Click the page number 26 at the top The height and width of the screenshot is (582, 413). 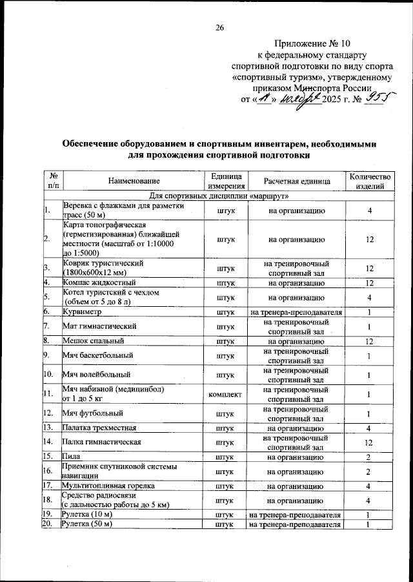219,27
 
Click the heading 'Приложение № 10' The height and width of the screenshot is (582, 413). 312,44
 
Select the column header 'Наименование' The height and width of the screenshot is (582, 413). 134,182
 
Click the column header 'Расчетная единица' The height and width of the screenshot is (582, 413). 296,182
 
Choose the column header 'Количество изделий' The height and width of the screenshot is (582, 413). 369,182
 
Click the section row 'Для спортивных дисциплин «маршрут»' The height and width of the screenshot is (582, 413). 219,196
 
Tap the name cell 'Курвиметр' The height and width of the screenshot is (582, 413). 81,312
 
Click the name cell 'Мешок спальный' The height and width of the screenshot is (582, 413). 90,341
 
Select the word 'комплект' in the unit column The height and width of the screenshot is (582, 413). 225,393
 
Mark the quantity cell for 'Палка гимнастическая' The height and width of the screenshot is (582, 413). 369,442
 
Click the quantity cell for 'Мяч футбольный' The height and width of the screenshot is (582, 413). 369,413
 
